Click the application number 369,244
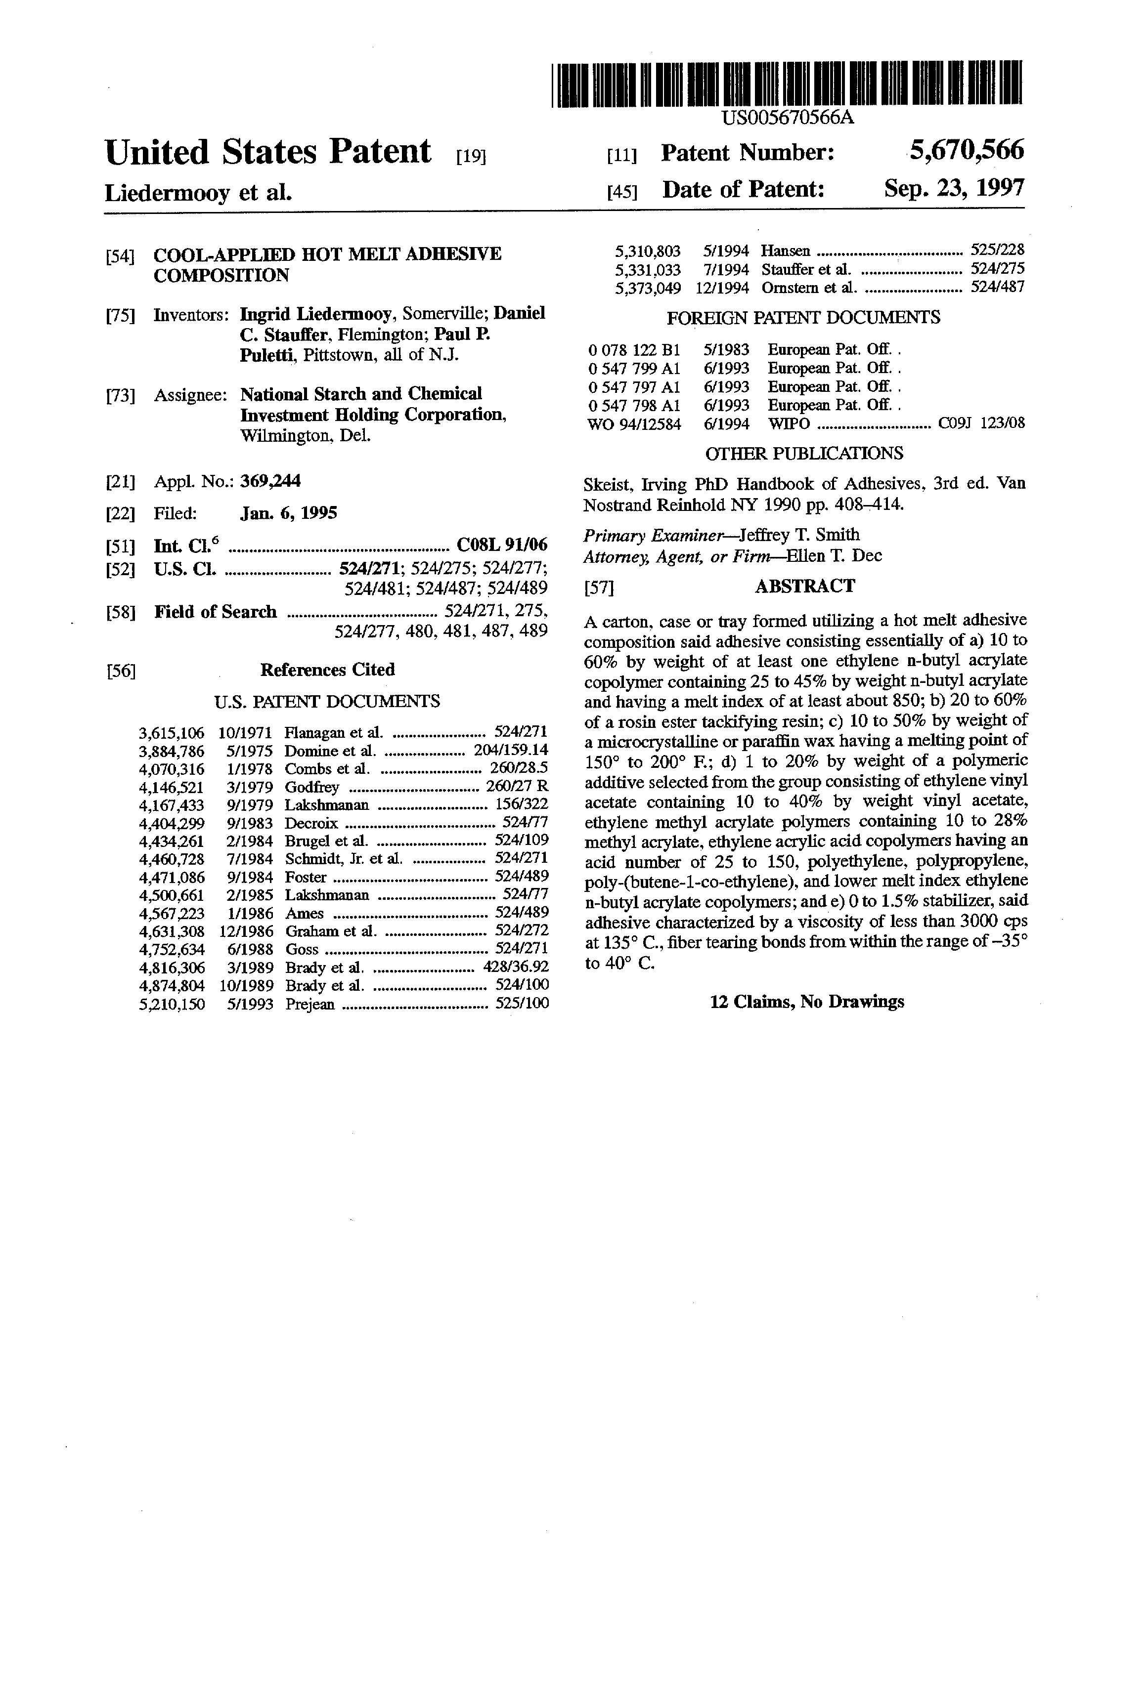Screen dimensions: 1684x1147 coord(270,481)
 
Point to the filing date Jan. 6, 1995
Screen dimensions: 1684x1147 coord(289,514)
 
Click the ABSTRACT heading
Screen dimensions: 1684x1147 coord(805,586)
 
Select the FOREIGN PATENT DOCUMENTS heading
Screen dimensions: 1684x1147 coord(803,317)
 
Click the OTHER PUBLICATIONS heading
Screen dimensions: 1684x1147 coord(804,454)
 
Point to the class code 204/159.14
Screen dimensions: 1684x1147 coord(510,751)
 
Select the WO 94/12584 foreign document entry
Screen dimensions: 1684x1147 coord(634,424)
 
